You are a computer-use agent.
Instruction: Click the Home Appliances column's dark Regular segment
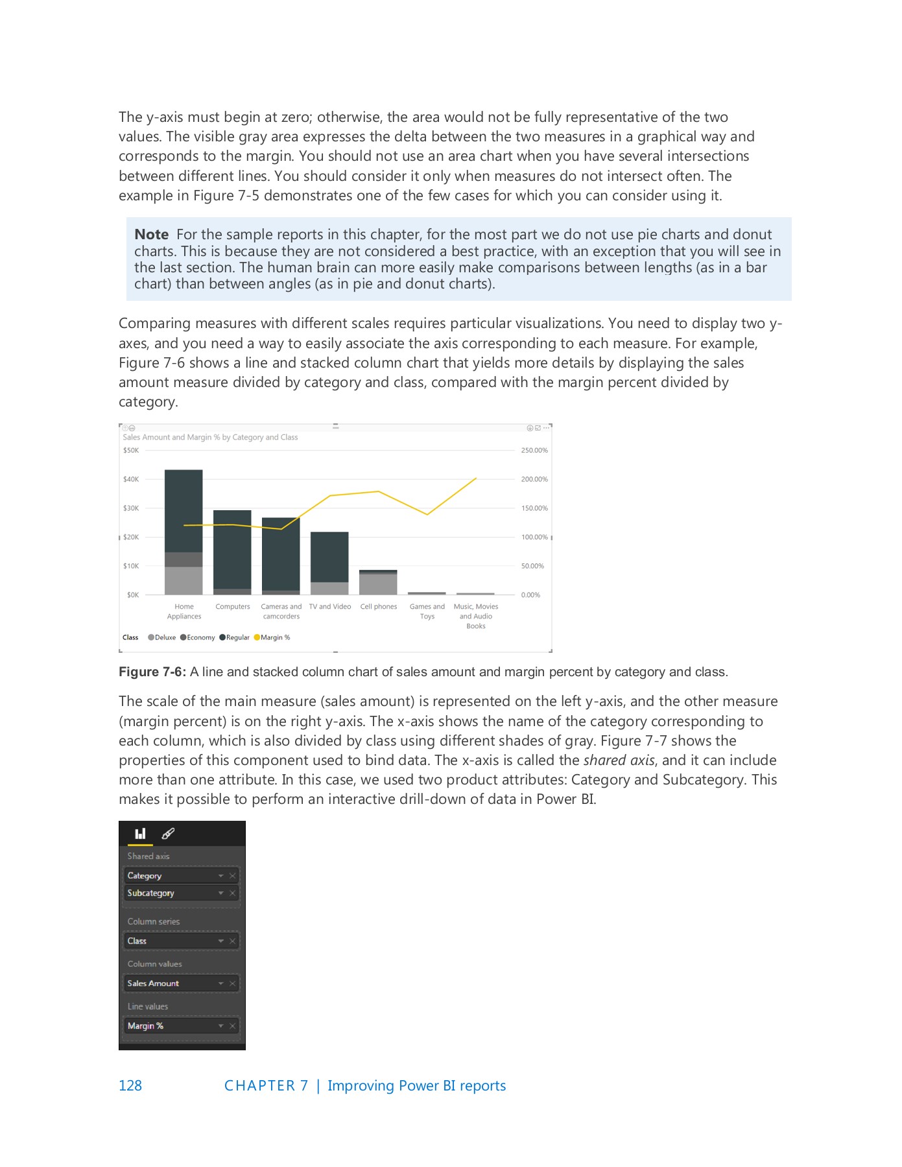click(184, 510)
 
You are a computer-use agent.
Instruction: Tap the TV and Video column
click(329, 558)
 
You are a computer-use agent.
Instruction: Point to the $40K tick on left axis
click(131, 479)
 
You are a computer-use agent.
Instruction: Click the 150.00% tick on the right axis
click(534, 508)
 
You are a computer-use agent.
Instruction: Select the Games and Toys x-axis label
click(427, 611)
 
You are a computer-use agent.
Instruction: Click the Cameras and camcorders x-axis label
click(281, 611)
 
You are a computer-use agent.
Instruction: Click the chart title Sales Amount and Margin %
click(210, 438)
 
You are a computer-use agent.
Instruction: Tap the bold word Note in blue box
click(151, 235)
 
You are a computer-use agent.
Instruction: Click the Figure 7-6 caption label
click(152, 672)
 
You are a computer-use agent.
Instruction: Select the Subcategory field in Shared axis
click(151, 893)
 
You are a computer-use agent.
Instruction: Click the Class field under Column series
click(137, 941)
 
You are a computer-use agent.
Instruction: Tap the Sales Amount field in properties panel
click(153, 984)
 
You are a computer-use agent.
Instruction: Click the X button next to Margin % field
click(232, 1026)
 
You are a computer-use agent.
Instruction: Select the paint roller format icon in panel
click(168, 834)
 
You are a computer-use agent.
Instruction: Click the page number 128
click(130, 1085)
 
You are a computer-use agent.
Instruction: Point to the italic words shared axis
click(619, 760)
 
